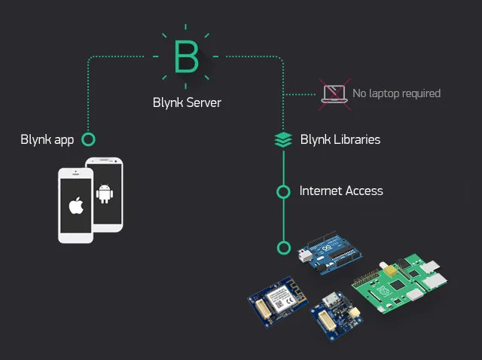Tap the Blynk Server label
pos(187,102)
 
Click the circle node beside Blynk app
pos(88,139)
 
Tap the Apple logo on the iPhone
pos(75,206)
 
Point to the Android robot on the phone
pos(105,194)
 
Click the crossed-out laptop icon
pos(333,93)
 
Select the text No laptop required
pos(396,93)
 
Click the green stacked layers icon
pos(283,139)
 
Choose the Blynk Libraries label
pos(340,139)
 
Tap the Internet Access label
pos(341,191)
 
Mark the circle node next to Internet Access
pos(283,191)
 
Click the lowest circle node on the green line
pos(283,247)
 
